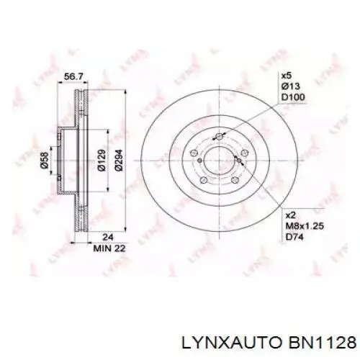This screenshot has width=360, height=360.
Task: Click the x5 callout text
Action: pos(287,76)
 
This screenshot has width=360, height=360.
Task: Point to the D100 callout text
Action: pos(292,97)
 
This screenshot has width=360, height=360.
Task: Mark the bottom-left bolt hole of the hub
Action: pos(204,180)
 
